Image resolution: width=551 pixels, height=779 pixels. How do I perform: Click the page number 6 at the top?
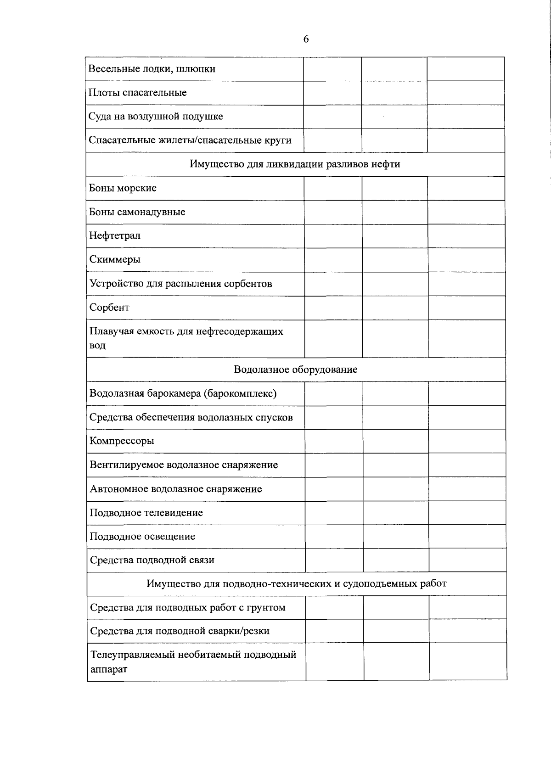click(x=306, y=39)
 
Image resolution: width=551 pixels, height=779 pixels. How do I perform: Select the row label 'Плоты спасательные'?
click(x=138, y=93)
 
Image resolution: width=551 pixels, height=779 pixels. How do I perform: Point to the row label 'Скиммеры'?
click(x=115, y=260)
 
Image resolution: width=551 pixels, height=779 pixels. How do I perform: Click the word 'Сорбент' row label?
click(x=109, y=308)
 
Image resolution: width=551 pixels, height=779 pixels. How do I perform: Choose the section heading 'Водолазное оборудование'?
click(x=296, y=370)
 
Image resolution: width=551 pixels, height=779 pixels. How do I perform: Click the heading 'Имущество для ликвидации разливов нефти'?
click(x=295, y=164)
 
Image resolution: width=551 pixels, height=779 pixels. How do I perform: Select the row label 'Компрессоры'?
click(x=122, y=441)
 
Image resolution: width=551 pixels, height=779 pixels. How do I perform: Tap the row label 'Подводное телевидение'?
click(x=146, y=513)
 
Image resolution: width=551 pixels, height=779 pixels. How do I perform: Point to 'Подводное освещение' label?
click(x=142, y=537)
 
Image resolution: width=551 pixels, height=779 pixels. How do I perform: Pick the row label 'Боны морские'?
click(x=123, y=188)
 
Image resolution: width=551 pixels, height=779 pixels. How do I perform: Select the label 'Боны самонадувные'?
click(x=137, y=212)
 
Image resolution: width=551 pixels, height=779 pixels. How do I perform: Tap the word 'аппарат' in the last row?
click(x=108, y=669)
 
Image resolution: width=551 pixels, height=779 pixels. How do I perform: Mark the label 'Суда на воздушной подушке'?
click(x=156, y=117)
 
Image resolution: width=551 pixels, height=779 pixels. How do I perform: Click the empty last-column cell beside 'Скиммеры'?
click(x=467, y=260)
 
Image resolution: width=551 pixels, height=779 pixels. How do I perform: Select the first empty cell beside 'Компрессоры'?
click(x=334, y=441)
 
